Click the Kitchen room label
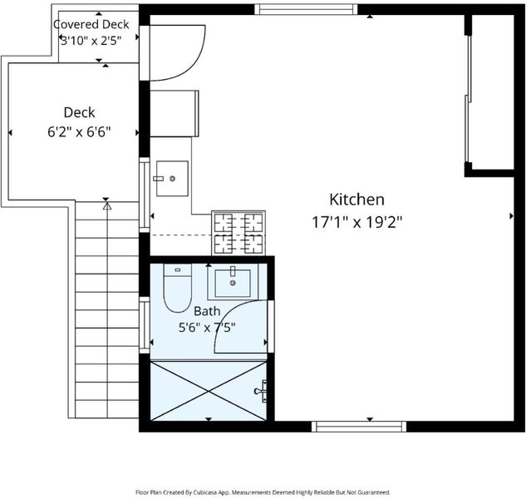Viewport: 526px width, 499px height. pos(356,199)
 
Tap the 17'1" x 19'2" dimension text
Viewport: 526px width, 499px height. pos(357,222)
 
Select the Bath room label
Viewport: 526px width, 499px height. pos(207,311)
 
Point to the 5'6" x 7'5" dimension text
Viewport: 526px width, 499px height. pos(207,327)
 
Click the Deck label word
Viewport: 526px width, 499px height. pos(79,112)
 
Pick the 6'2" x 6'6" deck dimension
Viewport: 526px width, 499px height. pos(79,132)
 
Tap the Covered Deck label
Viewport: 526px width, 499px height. pos(91,24)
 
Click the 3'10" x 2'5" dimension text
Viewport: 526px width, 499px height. pos(91,41)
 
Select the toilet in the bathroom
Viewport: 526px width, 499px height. pos(178,288)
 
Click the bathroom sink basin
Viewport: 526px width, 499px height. pos(233,283)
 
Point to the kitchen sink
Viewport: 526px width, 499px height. pos(172,178)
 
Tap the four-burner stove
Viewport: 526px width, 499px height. pos(238,233)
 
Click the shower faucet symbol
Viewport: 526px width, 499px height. pos(261,391)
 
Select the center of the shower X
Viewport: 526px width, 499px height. pos(209,391)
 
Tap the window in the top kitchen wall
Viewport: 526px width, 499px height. pos(306,9)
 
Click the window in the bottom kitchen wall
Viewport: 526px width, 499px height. pos(359,427)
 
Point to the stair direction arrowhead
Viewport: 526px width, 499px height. pos(107,205)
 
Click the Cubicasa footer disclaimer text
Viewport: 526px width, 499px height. pos(263,492)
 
